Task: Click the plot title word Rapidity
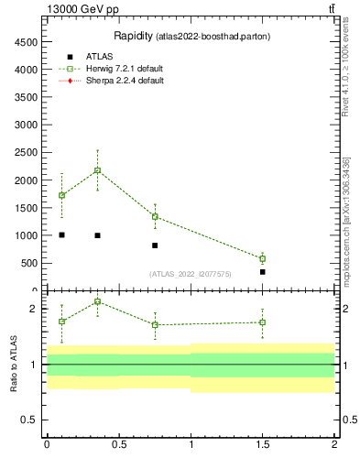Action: point(133,36)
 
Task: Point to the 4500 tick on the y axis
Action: point(24,42)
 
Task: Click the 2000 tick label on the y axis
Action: point(24,180)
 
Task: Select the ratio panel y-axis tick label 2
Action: point(33,310)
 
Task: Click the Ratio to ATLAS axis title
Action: point(14,364)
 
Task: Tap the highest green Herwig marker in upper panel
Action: point(97,170)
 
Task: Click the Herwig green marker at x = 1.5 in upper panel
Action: point(262,258)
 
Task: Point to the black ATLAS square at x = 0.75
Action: point(155,245)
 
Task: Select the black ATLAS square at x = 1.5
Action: point(262,272)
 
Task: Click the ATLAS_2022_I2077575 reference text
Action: point(191,273)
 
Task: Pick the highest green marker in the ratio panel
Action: point(97,301)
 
